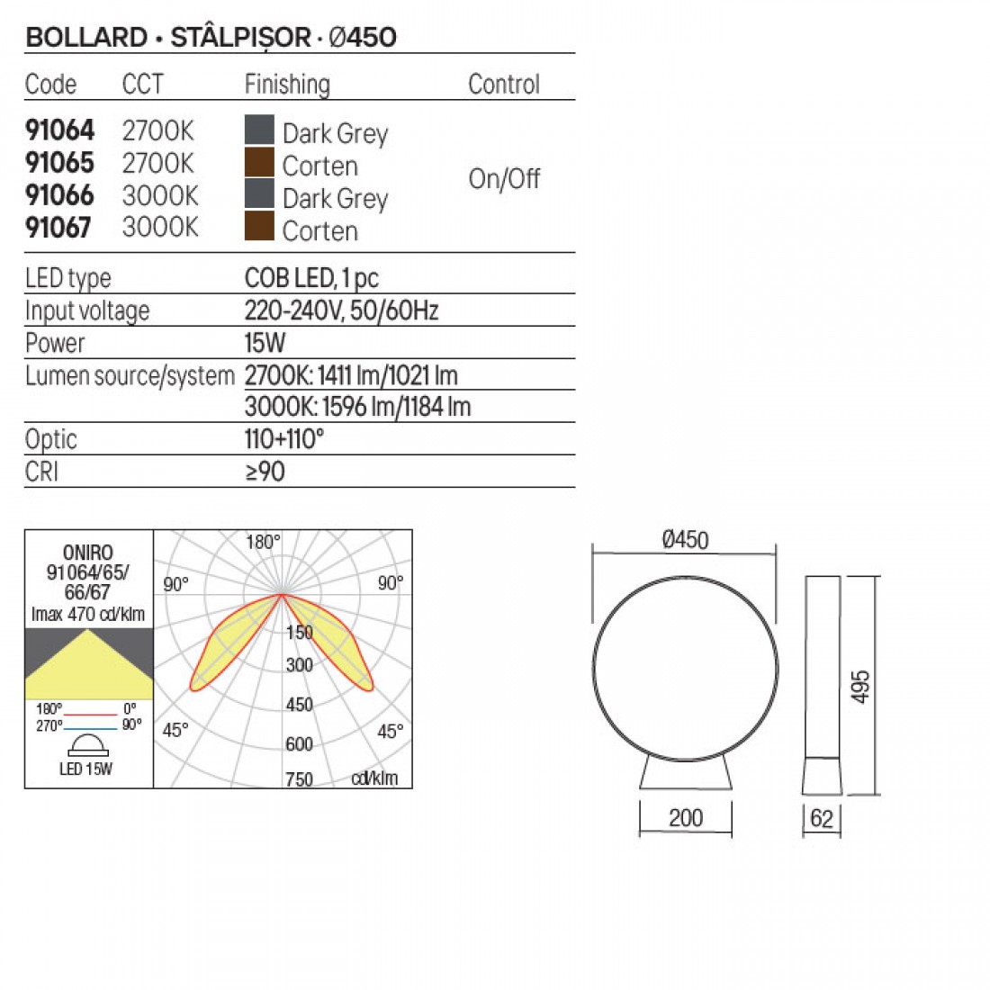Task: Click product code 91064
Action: (x=59, y=130)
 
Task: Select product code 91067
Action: (x=58, y=228)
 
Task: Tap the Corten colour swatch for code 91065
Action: (x=259, y=162)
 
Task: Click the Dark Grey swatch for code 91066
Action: (x=259, y=193)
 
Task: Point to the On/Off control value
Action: (x=504, y=179)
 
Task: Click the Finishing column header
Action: (x=287, y=85)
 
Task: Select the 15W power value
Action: (x=265, y=343)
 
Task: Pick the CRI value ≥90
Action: (x=265, y=472)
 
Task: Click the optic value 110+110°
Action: (x=284, y=439)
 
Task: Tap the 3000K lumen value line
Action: (x=357, y=407)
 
